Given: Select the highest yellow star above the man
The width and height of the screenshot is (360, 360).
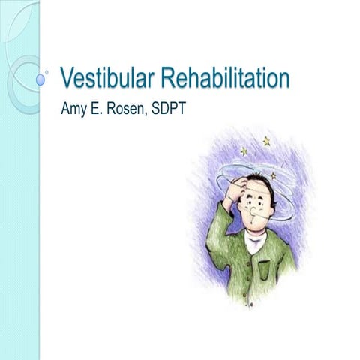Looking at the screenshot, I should tap(266, 141).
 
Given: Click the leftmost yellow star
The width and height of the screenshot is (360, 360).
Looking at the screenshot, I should tap(244, 151).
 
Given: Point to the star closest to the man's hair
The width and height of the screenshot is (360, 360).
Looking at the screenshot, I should tap(273, 176).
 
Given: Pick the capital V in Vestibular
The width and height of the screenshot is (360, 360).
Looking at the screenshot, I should tap(66, 78).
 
